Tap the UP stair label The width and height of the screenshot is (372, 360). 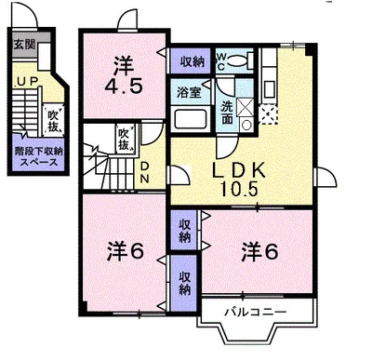(26, 82)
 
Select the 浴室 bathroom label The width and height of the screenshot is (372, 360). (189, 91)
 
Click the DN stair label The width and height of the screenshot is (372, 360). (145, 171)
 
